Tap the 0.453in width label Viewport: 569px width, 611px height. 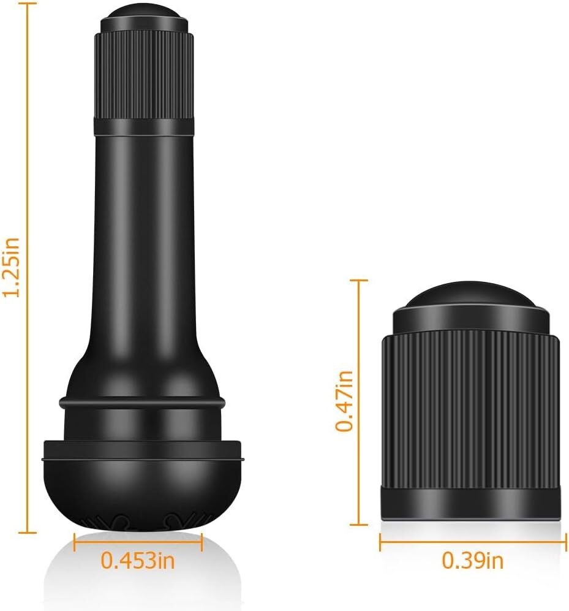[138, 560]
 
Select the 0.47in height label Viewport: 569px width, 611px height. [344, 401]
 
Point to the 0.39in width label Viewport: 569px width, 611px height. [472, 560]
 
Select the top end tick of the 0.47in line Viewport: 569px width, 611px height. [358, 280]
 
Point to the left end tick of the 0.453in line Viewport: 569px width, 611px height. [75, 541]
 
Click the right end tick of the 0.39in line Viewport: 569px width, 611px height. [565, 541]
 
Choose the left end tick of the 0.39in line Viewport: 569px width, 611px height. [380, 541]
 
